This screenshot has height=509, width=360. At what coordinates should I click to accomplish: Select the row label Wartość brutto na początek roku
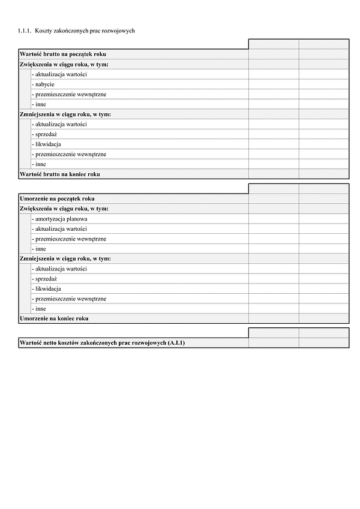coord(63,54)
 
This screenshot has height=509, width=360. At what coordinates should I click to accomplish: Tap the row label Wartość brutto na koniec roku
coord(59,174)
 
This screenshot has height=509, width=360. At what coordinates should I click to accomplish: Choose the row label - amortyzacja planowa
coord(61,219)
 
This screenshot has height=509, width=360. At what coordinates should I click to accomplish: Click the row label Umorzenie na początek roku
coord(57,198)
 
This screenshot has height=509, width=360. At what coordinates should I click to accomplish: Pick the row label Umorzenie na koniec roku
coord(54,318)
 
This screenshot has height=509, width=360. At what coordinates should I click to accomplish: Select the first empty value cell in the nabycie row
coord(274,84)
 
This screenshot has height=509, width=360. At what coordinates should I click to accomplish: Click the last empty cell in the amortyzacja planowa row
coord(324,219)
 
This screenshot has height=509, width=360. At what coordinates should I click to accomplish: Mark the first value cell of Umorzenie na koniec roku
coord(274,318)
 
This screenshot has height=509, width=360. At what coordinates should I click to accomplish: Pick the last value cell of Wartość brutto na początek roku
coord(324,54)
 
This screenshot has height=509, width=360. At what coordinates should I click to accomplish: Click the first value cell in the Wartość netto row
coord(274,342)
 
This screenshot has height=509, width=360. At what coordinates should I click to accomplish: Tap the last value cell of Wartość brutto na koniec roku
coord(324,174)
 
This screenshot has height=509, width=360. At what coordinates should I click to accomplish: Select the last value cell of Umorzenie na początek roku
coord(324,198)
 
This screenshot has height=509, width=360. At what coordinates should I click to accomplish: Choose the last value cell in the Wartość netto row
coord(324,342)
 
